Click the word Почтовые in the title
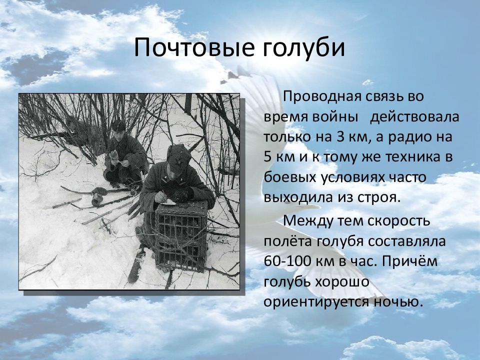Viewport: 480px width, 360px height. (x=194, y=47)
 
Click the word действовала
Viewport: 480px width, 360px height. (x=414, y=117)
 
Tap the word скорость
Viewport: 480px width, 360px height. (x=398, y=220)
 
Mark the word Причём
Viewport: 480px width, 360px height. (x=409, y=261)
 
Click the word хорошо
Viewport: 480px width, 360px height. (x=340, y=282)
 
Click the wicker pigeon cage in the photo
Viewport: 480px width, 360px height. (x=181, y=235)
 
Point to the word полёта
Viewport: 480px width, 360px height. (x=287, y=241)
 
